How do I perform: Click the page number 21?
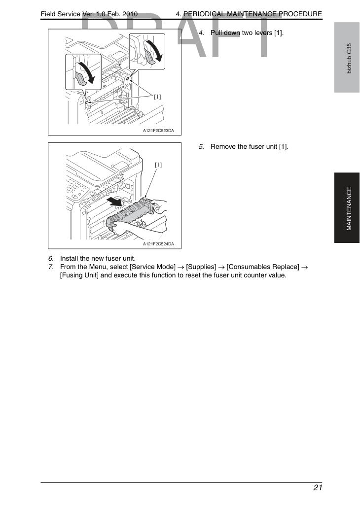click(x=318, y=488)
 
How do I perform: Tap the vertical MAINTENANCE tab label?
click(x=349, y=208)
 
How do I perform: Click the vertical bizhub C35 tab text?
click(x=349, y=59)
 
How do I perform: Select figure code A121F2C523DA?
click(x=158, y=131)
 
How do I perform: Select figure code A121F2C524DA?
click(x=158, y=244)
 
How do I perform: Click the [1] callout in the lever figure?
click(x=157, y=97)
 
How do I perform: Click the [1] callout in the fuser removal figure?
click(x=158, y=165)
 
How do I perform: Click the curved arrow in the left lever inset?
click(x=88, y=72)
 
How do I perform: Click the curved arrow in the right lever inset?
click(x=155, y=50)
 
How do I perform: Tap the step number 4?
click(x=201, y=33)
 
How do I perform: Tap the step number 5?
click(x=201, y=147)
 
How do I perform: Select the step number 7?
click(x=51, y=267)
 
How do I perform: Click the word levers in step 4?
click(x=263, y=33)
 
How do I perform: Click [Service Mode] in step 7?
click(x=152, y=267)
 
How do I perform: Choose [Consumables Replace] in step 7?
click(x=263, y=267)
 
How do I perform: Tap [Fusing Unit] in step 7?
click(x=79, y=275)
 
